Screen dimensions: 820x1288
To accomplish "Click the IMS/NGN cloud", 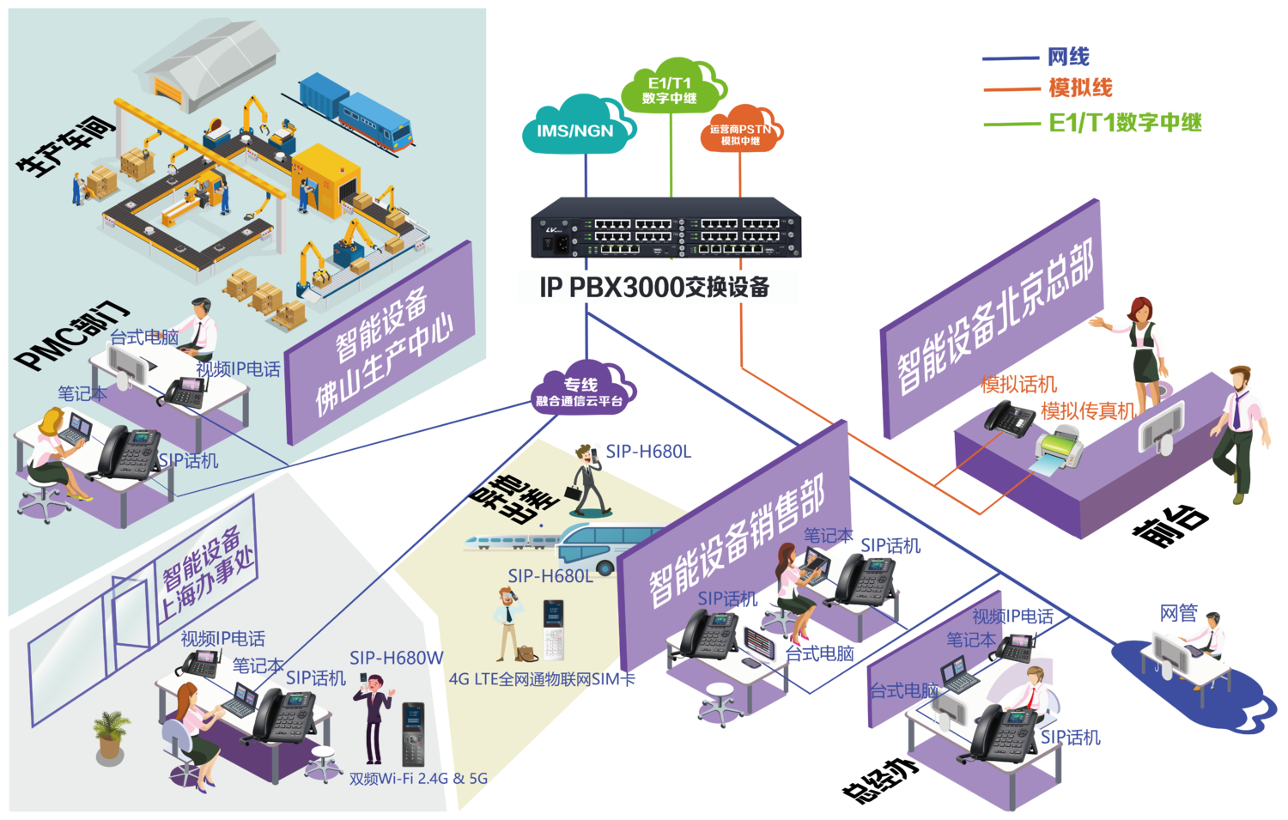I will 575,129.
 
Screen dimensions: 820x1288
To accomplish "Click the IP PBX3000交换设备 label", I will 657,287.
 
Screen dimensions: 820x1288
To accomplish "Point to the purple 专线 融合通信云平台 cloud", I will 581,391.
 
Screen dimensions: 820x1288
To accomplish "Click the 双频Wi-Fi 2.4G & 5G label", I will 418,779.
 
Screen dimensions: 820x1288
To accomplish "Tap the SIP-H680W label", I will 396,658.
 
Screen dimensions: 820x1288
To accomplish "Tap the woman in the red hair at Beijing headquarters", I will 1142,339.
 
